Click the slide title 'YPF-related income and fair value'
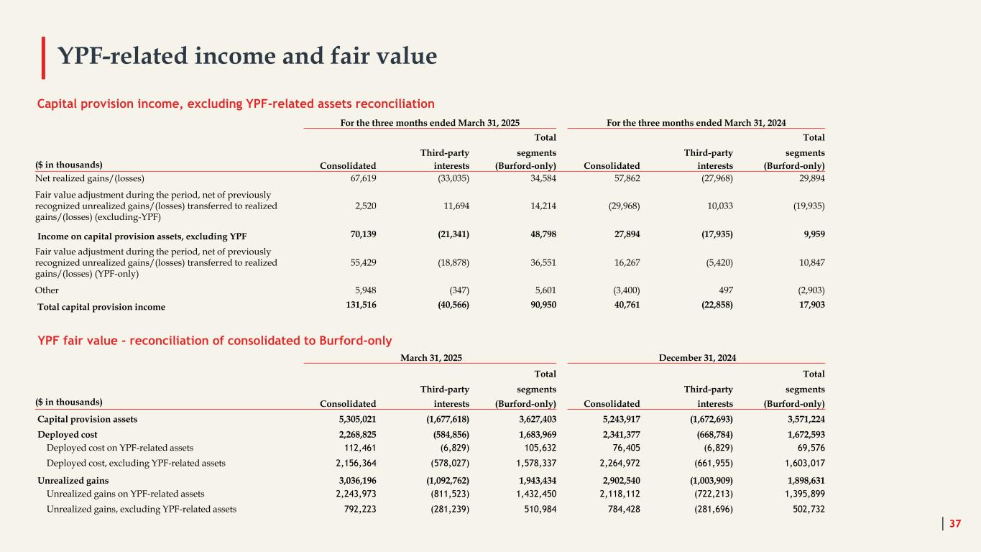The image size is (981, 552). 247,55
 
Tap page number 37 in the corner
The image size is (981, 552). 955,524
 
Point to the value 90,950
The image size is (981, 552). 538,307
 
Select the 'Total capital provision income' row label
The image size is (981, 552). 101,307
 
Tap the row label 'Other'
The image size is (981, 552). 47,290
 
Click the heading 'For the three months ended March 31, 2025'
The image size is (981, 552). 430,122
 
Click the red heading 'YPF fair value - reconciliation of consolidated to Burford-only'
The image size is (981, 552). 214,339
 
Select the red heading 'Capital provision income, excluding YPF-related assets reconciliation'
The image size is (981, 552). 236,103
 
